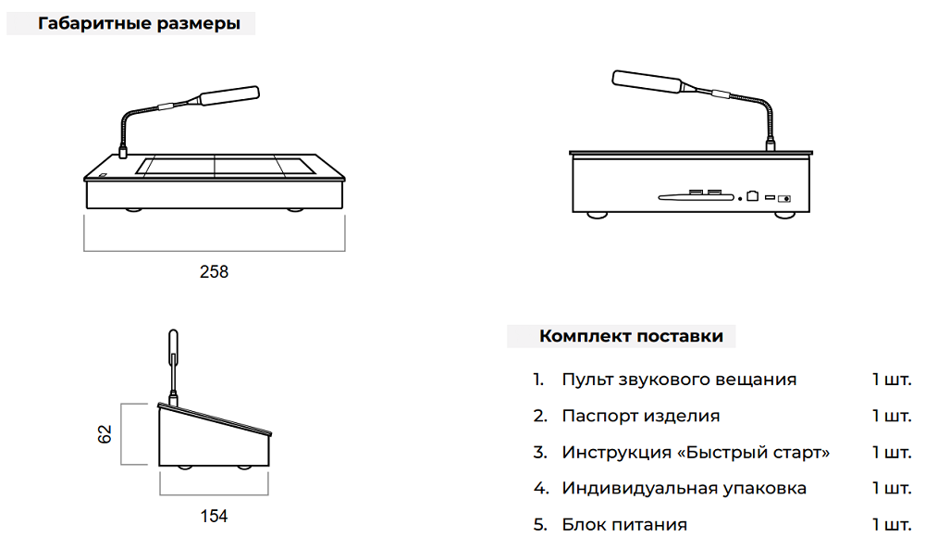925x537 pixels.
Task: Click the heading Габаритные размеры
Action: click(140, 24)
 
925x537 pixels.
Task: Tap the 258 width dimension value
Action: click(214, 272)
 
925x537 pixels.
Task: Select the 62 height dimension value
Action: click(104, 434)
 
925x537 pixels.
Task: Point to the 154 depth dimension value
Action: click(214, 517)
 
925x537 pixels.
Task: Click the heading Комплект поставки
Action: click(631, 336)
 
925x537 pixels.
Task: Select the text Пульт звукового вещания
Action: click(679, 380)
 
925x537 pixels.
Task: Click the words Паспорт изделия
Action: click(641, 416)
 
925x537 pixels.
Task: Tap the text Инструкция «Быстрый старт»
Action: click(696, 453)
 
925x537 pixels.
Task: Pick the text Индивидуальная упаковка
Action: click(684, 489)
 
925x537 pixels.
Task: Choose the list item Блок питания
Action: click(624, 525)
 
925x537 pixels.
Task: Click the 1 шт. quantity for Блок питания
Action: click(892, 525)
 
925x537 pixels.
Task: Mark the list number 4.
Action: click(540, 489)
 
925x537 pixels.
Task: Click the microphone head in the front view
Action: click(229, 95)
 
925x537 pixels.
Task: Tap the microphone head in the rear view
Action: click(647, 81)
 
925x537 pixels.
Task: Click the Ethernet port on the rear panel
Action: click(752, 195)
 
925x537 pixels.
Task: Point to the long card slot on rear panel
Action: click(697, 197)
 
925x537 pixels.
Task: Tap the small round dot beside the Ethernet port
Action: click(740, 199)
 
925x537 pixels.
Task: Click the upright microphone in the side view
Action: click(173, 367)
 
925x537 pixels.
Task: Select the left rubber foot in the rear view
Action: click(597, 215)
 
